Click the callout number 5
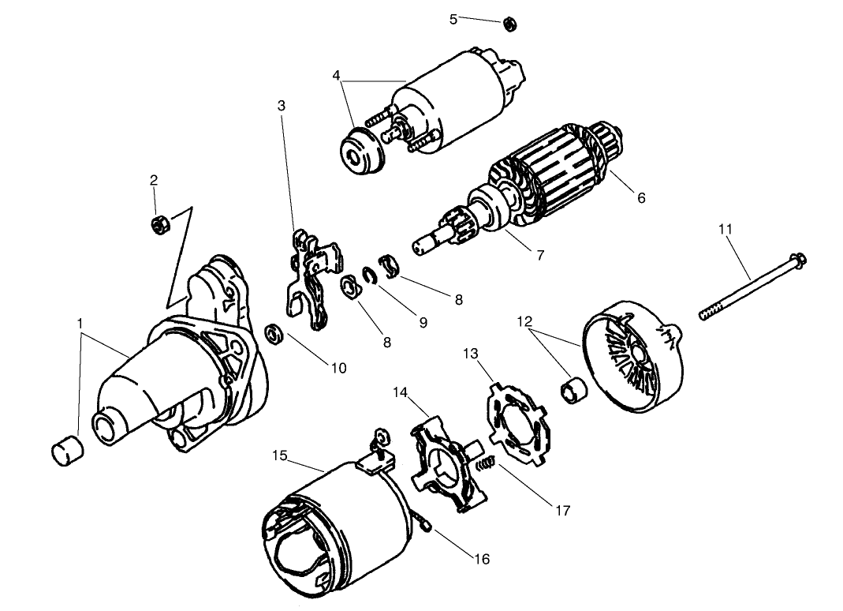[453, 20]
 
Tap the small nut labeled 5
[509, 24]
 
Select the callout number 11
[726, 229]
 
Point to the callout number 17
[563, 510]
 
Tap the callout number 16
[483, 559]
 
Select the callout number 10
[339, 368]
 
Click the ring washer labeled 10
[275, 334]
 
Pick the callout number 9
[423, 322]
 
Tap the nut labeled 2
[158, 224]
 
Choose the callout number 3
[282, 106]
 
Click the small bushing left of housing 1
[68, 451]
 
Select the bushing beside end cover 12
[574, 391]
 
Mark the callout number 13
[471, 353]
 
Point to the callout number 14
[400, 392]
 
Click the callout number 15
[280, 455]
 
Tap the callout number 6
[641, 197]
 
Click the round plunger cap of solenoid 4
[363, 150]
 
